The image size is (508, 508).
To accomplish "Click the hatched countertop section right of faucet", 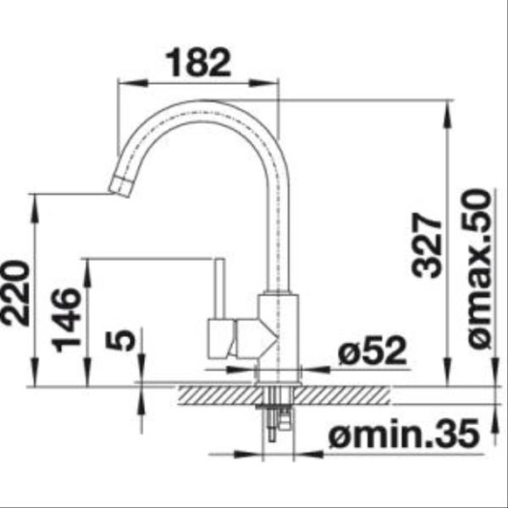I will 348,393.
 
